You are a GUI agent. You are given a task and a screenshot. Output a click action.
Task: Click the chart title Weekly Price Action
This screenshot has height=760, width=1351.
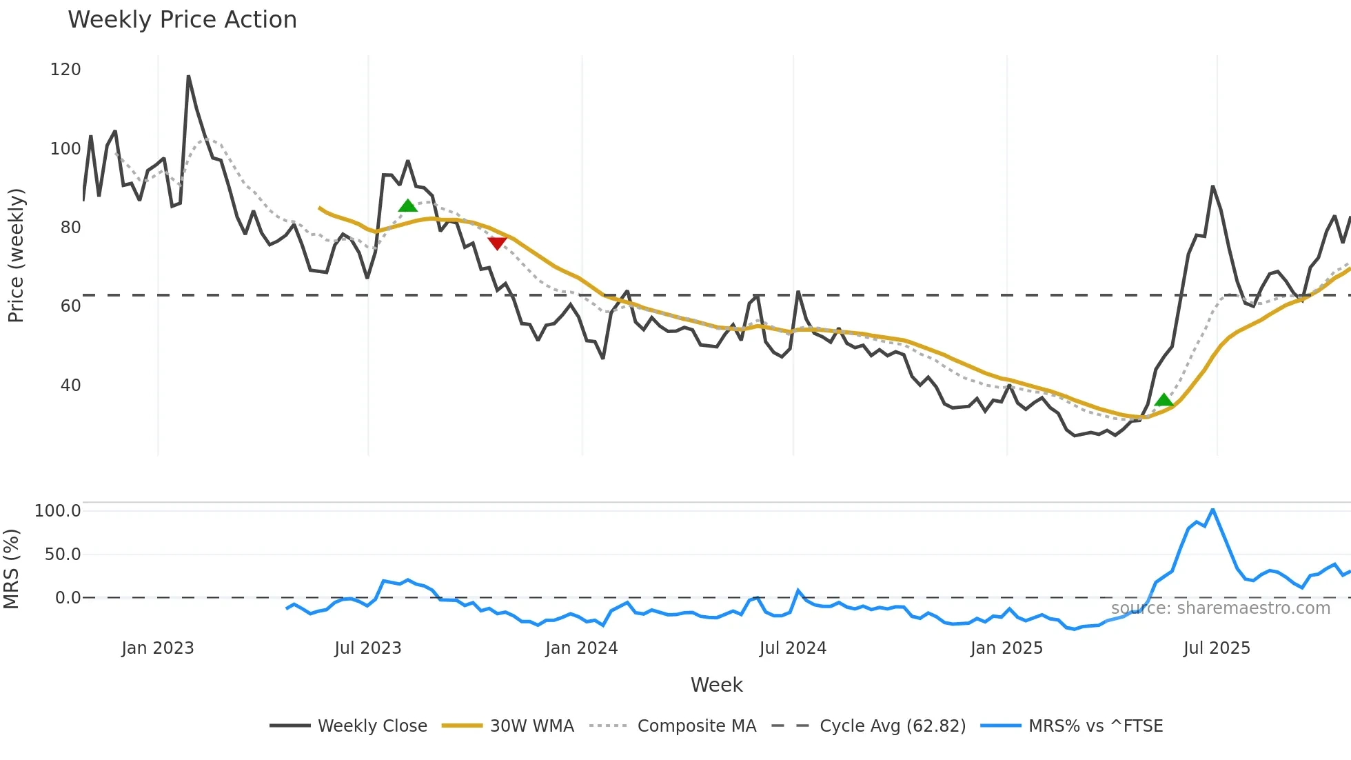coord(182,20)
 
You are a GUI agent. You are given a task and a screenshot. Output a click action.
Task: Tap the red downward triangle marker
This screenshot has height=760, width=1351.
coord(497,243)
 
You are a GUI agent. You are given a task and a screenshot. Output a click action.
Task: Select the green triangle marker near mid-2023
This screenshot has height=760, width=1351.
coord(407,206)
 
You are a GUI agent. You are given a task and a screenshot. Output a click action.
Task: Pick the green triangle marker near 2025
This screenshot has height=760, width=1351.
coord(1164,400)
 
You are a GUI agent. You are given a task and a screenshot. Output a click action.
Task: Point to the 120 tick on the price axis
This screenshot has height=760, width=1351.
coord(65,70)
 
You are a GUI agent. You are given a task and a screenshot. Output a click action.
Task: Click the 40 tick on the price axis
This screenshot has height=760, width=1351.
coord(70,385)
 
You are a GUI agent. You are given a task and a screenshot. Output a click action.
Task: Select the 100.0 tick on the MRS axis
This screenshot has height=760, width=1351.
coord(58,511)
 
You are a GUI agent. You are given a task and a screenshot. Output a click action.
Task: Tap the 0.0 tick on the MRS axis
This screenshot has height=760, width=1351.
coord(68,598)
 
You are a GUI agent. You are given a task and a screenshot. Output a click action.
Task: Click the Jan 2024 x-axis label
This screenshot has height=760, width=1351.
coord(581,648)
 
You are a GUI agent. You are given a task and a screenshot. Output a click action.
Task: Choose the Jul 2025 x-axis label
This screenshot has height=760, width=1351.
coord(1217,648)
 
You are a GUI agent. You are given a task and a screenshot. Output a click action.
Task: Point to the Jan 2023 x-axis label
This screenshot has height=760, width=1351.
coord(158,648)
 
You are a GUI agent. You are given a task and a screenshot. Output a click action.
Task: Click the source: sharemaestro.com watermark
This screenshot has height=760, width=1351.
coord(1220,608)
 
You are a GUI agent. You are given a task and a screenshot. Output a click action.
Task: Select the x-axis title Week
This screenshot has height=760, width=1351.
coord(716,685)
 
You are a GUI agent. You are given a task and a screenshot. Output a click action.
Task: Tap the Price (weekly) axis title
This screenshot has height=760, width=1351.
coord(16,255)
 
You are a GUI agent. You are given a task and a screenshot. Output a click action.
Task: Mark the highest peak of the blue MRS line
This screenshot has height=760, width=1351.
coord(1212,510)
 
